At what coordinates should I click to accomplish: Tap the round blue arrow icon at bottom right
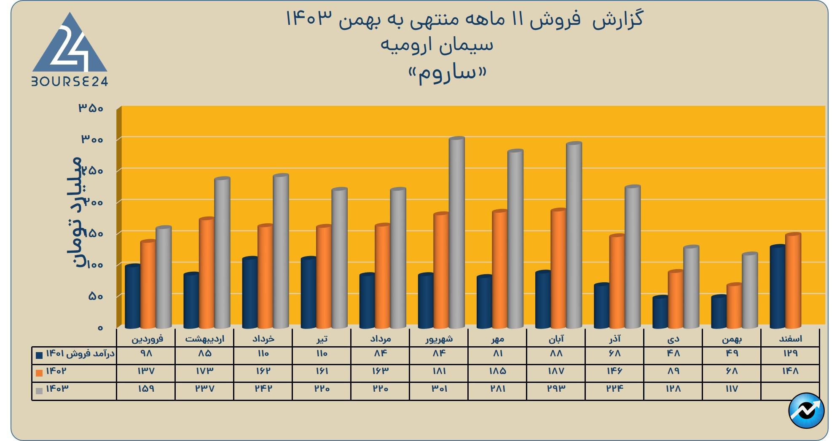pos(806,411)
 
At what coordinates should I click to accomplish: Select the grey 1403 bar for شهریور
pos(456,232)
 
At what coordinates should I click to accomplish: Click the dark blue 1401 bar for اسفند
pos(777,286)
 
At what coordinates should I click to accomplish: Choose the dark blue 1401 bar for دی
pos(660,312)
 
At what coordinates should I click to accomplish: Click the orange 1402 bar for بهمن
pos(734,306)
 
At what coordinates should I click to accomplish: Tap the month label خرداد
pos(263,339)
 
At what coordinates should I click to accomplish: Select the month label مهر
pos(498,339)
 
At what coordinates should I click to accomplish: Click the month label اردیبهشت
pos(205,339)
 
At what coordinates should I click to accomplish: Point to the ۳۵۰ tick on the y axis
pos(91,108)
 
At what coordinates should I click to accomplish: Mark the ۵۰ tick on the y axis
pos(96,296)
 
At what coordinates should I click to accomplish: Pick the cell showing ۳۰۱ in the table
pos(439,389)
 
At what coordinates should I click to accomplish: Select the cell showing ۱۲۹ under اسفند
pos(790,353)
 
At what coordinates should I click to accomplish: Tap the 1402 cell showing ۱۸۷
pos(556,371)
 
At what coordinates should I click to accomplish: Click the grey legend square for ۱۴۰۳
pos(39,390)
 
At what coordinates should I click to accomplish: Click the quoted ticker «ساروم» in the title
pos(448,74)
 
